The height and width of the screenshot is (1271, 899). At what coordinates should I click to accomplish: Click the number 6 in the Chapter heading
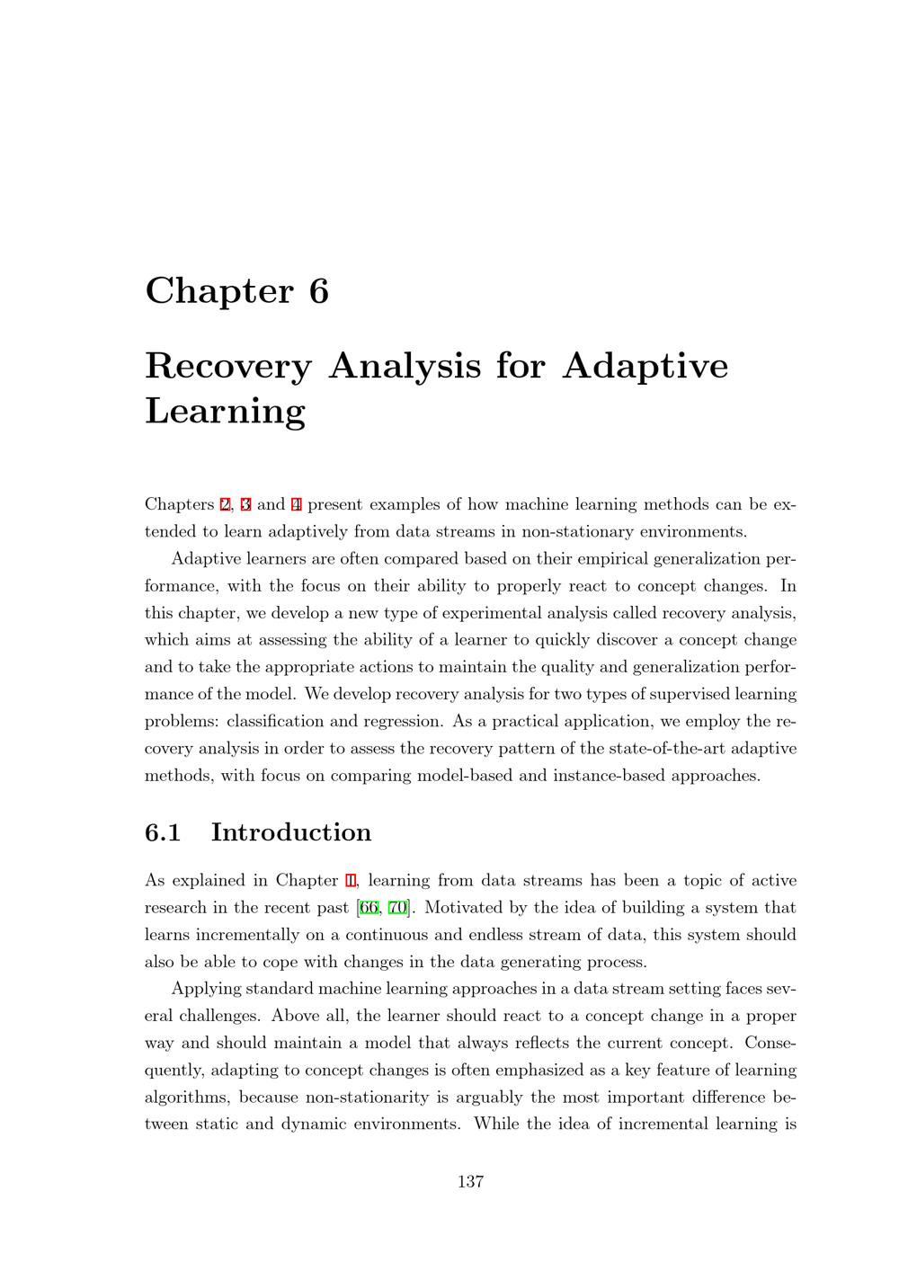[319, 291]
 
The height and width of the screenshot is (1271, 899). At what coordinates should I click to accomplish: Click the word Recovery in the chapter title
[227, 366]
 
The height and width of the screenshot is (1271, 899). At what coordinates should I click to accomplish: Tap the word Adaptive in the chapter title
[645, 366]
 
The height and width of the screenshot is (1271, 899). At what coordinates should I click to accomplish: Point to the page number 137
[470, 1182]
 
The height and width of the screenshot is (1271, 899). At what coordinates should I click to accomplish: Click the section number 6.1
[163, 832]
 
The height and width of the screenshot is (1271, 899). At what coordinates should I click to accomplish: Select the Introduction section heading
[290, 832]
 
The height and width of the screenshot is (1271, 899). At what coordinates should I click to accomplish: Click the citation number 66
[368, 908]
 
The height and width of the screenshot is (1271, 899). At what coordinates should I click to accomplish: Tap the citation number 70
[397, 908]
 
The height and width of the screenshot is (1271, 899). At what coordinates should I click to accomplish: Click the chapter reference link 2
[225, 504]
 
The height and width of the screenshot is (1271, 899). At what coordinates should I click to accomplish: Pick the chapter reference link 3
[245, 504]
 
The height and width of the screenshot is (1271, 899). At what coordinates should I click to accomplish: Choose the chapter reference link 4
[297, 504]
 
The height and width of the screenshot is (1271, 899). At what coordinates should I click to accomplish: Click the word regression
[403, 722]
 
